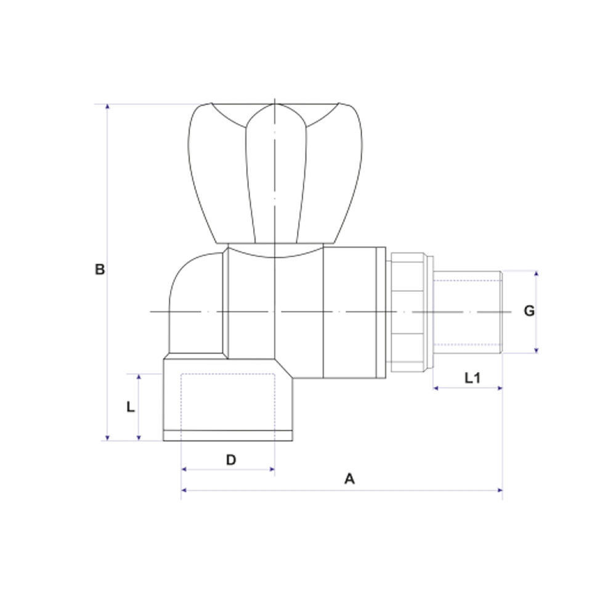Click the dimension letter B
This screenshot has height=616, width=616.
[x=100, y=269]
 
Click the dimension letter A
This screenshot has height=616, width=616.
[x=349, y=479]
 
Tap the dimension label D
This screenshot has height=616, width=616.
[x=230, y=460]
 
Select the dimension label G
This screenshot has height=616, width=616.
[x=529, y=311]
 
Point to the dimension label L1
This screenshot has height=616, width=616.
[x=472, y=378]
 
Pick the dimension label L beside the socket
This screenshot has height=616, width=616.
[x=130, y=407]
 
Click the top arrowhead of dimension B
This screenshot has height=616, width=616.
[x=108, y=107]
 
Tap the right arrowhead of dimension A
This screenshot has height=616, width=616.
[x=500, y=490]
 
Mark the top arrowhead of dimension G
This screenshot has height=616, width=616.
[x=536, y=274]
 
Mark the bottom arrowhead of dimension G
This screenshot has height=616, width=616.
[x=536, y=350]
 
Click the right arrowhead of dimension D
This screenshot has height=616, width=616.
[x=272, y=469]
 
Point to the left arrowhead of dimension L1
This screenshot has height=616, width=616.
[x=436, y=388]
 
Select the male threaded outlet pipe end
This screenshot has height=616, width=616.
[x=468, y=312]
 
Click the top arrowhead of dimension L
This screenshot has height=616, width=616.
[x=139, y=376]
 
